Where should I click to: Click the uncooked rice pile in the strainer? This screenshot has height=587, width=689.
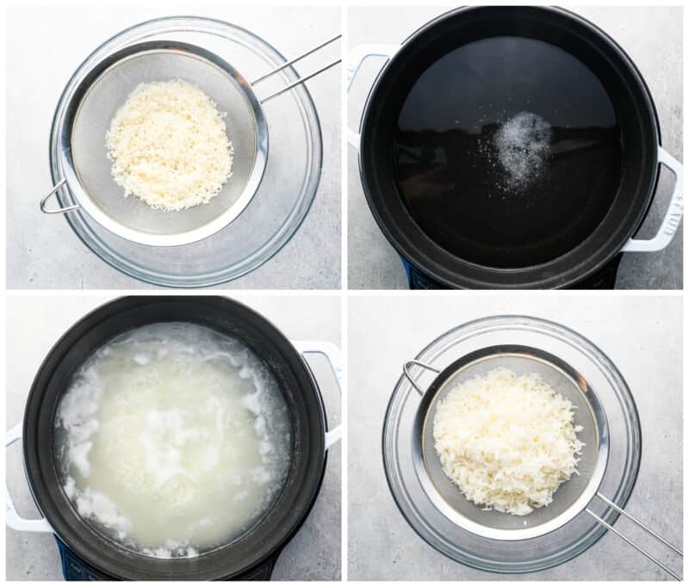point(170,144)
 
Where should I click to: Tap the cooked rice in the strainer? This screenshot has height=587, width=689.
point(506,439)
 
